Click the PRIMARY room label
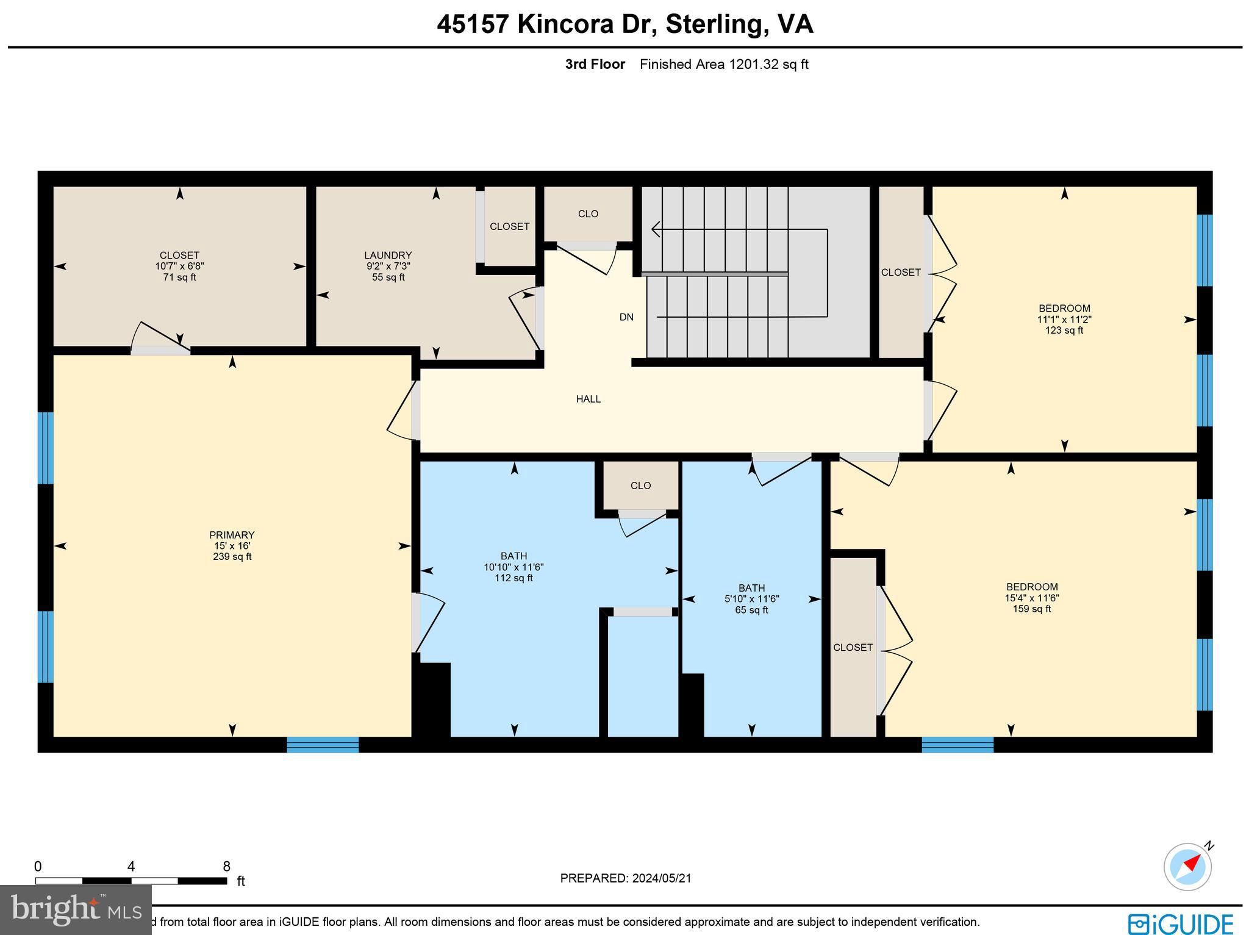[x=232, y=535]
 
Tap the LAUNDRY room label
[x=388, y=255]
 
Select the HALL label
[x=588, y=399]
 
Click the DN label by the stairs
[x=626, y=317]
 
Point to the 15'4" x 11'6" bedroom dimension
[x=1031, y=598]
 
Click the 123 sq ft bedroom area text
[x=1064, y=331]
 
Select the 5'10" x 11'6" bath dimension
[x=751, y=599]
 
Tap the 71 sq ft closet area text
[x=179, y=278]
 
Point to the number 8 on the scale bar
[x=226, y=867]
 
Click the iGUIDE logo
[x=1180, y=923]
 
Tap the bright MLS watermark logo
[x=76, y=910]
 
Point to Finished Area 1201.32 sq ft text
[x=724, y=64]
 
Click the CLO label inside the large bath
[x=640, y=485]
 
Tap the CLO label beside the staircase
[x=588, y=213]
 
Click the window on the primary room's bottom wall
[x=323, y=744]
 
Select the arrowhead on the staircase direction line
[x=656, y=229]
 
